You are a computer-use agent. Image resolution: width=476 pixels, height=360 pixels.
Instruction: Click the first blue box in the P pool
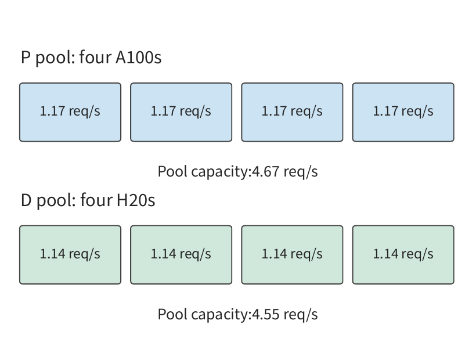[70, 112]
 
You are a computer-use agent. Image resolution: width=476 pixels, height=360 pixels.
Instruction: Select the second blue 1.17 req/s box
[181, 112]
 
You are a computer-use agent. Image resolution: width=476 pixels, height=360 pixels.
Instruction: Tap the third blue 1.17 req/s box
[292, 112]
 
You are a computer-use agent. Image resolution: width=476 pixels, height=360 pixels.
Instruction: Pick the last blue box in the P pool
[403, 112]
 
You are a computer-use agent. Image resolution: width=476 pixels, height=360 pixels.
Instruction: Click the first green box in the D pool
[70, 255]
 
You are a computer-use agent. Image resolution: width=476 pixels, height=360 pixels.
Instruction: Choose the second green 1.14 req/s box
[181, 255]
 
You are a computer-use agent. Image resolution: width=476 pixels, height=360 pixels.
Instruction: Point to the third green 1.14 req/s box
[292, 255]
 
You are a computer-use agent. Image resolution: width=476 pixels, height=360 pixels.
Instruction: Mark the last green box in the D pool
[403, 255]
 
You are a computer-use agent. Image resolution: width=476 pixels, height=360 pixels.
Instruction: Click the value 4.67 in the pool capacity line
[266, 172]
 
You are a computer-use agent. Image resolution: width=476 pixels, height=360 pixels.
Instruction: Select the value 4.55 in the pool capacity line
[266, 315]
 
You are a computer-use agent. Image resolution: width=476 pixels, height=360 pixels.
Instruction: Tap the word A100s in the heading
[138, 57]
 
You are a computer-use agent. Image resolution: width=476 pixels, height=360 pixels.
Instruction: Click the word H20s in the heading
[136, 200]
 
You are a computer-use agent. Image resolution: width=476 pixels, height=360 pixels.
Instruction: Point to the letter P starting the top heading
[26, 57]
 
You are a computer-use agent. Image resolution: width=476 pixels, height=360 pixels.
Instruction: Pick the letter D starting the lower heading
[26, 200]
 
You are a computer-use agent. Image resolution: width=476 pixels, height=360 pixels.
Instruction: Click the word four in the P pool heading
[95, 57]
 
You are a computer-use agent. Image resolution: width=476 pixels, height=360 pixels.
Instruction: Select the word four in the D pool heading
[96, 200]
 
